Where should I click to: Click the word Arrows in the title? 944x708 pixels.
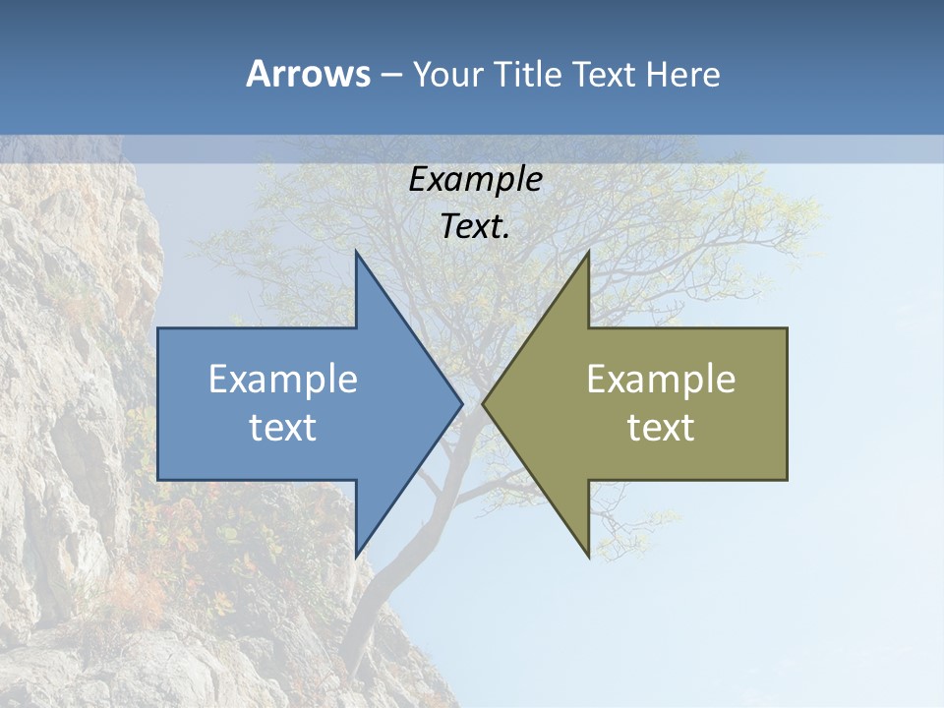pos(308,74)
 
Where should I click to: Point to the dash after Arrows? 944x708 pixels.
pos(389,75)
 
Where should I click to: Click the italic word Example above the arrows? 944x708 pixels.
pos(475,179)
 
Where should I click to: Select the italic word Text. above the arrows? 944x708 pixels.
pos(475,226)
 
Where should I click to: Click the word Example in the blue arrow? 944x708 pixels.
pos(283,379)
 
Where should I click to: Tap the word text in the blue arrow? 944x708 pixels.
pos(283,428)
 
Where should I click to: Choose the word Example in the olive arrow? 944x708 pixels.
pos(661,379)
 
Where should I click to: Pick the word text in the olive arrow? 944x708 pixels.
pos(661,428)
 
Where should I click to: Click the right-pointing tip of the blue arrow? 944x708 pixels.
pos(460,403)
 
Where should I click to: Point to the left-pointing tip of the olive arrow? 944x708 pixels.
pos(485,403)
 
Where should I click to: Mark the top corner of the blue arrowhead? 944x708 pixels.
pos(357,254)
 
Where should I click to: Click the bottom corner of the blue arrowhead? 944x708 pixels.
pos(357,555)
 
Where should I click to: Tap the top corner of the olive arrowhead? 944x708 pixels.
pos(587,254)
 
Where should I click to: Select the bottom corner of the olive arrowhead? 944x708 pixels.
pos(587,555)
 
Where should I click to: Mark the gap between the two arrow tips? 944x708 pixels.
pos(473,403)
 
